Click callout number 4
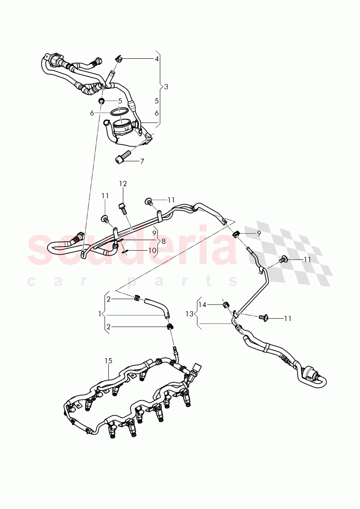coord(156,59)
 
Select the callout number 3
coord(166,87)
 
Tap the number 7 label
coord(142,161)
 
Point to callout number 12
coord(123,184)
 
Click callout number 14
coord(202,304)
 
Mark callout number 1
coord(99,314)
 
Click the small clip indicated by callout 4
coord(119,59)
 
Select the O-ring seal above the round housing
coord(121,112)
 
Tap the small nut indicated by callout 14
coord(227,305)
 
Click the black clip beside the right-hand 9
coord(236,233)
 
